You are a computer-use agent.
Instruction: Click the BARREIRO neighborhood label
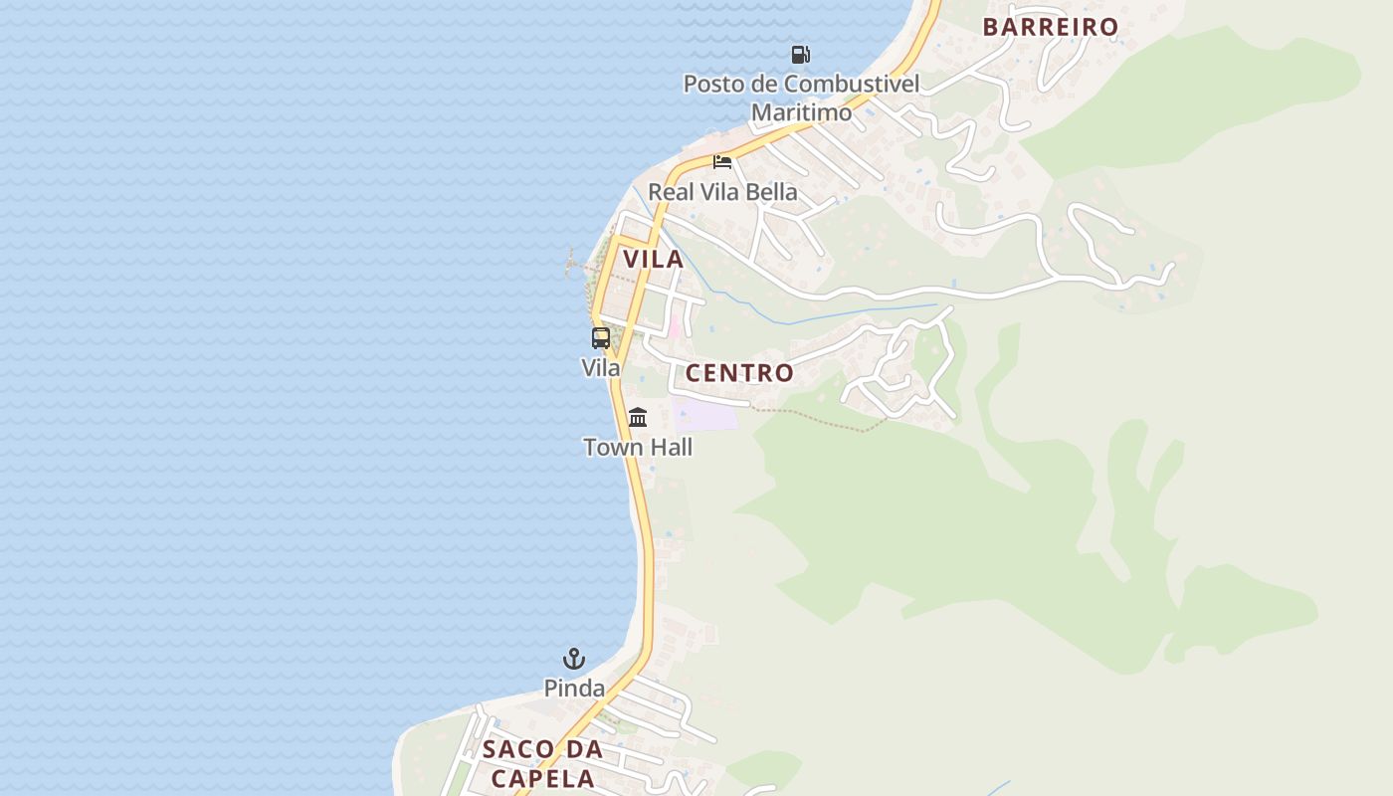pyautogui.click(x=1051, y=27)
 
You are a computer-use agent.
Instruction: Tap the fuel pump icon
pyautogui.click(x=800, y=54)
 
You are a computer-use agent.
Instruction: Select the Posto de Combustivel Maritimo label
pyautogui.click(x=801, y=98)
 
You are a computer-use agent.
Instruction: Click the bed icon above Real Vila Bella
pyautogui.click(x=722, y=161)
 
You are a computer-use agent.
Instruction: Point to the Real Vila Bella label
pyautogui.click(x=722, y=191)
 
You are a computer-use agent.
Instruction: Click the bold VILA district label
pyautogui.click(x=653, y=260)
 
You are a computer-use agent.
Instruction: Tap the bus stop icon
pyautogui.click(x=601, y=337)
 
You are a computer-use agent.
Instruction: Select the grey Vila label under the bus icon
pyautogui.click(x=601, y=368)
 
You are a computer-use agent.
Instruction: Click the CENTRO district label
pyautogui.click(x=739, y=373)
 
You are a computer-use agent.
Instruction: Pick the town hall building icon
pyautogui.click(x=638, y=417)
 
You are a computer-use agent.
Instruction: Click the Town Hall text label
pyautogui.click(x=638, y=448)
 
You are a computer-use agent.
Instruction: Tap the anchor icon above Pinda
pyautogui.click(x=574, y=658)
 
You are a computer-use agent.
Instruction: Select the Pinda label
pyautogui.click(x=574, y=688)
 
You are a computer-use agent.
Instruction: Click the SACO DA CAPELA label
pyautogui.click(x=543, y=763)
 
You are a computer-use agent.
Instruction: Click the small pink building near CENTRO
pyautogui.click(x=675, y=324)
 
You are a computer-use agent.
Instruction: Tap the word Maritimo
pyautogui.click(x=801, y=112)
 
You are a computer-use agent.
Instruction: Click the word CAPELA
pyautogui.click(x=543, y=778)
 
